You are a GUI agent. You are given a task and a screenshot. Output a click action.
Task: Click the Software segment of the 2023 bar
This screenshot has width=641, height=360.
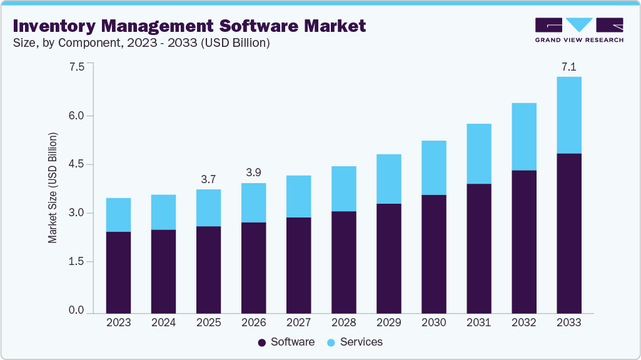tap(118, 272)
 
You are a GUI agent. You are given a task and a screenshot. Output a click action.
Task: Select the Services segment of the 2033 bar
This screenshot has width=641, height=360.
tap(568, 115)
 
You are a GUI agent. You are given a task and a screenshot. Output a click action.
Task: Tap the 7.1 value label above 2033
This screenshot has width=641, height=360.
tap(568, 66)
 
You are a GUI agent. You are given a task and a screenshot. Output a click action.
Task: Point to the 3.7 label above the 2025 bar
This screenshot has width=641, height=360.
tap(208, 179)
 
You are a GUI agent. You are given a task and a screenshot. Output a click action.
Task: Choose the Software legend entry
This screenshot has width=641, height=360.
tap(286, 342)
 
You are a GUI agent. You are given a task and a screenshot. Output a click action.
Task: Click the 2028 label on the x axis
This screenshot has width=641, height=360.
tap(343, 322)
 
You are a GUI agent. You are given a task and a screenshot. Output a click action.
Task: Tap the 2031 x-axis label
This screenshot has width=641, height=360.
tap(478, 322)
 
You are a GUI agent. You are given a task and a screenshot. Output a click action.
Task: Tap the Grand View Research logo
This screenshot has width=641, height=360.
tap(579, 29)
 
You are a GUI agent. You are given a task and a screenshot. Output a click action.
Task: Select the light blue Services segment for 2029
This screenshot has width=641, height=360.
tap(388, 179)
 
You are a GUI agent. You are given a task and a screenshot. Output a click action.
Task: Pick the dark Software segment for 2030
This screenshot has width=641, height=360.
tap(433, 254)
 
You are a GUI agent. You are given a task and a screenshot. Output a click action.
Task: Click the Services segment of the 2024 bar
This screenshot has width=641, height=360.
tap(163, 212)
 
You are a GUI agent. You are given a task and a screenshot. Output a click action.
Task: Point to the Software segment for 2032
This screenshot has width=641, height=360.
tap(523, 241)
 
